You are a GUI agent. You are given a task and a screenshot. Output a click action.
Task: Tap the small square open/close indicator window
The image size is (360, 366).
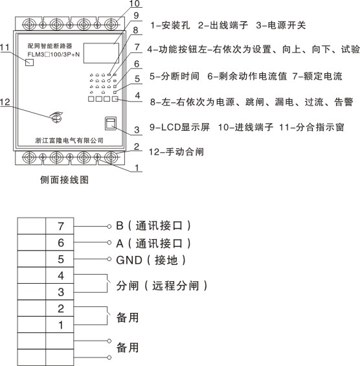[x=29, y=62]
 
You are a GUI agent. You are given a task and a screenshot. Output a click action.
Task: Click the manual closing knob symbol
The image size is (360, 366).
[x=56, y=117]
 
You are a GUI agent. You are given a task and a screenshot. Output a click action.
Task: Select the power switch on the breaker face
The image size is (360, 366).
[x=110, y=124]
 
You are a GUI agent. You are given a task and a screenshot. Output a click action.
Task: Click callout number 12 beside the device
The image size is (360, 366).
[x=5, y=102]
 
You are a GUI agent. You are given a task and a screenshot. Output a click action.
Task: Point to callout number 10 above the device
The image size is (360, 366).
[x=135, y=3]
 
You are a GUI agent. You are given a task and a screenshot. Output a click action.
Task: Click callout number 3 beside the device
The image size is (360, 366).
[x=137, y=130]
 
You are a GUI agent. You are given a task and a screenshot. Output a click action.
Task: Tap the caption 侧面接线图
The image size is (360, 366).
[x=64, y=180]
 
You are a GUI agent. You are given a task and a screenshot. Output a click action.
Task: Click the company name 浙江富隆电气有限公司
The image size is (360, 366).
[x=69, y=141]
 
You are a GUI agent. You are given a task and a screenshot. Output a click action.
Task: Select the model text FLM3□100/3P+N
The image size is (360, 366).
[x=54, y=54]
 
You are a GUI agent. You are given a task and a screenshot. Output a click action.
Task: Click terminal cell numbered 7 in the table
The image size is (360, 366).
[x=60, y=226]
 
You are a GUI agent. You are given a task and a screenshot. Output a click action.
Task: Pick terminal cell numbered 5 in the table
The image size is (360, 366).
[x=60, y=259]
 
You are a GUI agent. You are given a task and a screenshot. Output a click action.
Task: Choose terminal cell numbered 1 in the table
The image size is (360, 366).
[x=60, y=325]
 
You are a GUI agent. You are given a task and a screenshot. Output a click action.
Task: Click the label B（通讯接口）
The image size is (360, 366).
[x=153, y=225]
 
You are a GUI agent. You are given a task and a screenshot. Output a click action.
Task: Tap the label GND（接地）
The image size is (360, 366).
[x=151, y=260]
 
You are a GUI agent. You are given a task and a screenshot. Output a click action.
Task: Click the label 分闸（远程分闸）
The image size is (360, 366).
[x=162, y=286]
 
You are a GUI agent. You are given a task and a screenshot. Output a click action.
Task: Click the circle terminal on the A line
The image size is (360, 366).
[x=109, y=242]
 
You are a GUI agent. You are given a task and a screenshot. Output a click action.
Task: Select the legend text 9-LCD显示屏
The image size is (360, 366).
[x=179, y=127]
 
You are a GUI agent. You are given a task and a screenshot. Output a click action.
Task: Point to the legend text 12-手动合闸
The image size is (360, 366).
[x=176, y=152]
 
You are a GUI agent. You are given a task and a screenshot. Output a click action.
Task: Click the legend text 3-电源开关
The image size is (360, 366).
[x=281, y=25]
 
